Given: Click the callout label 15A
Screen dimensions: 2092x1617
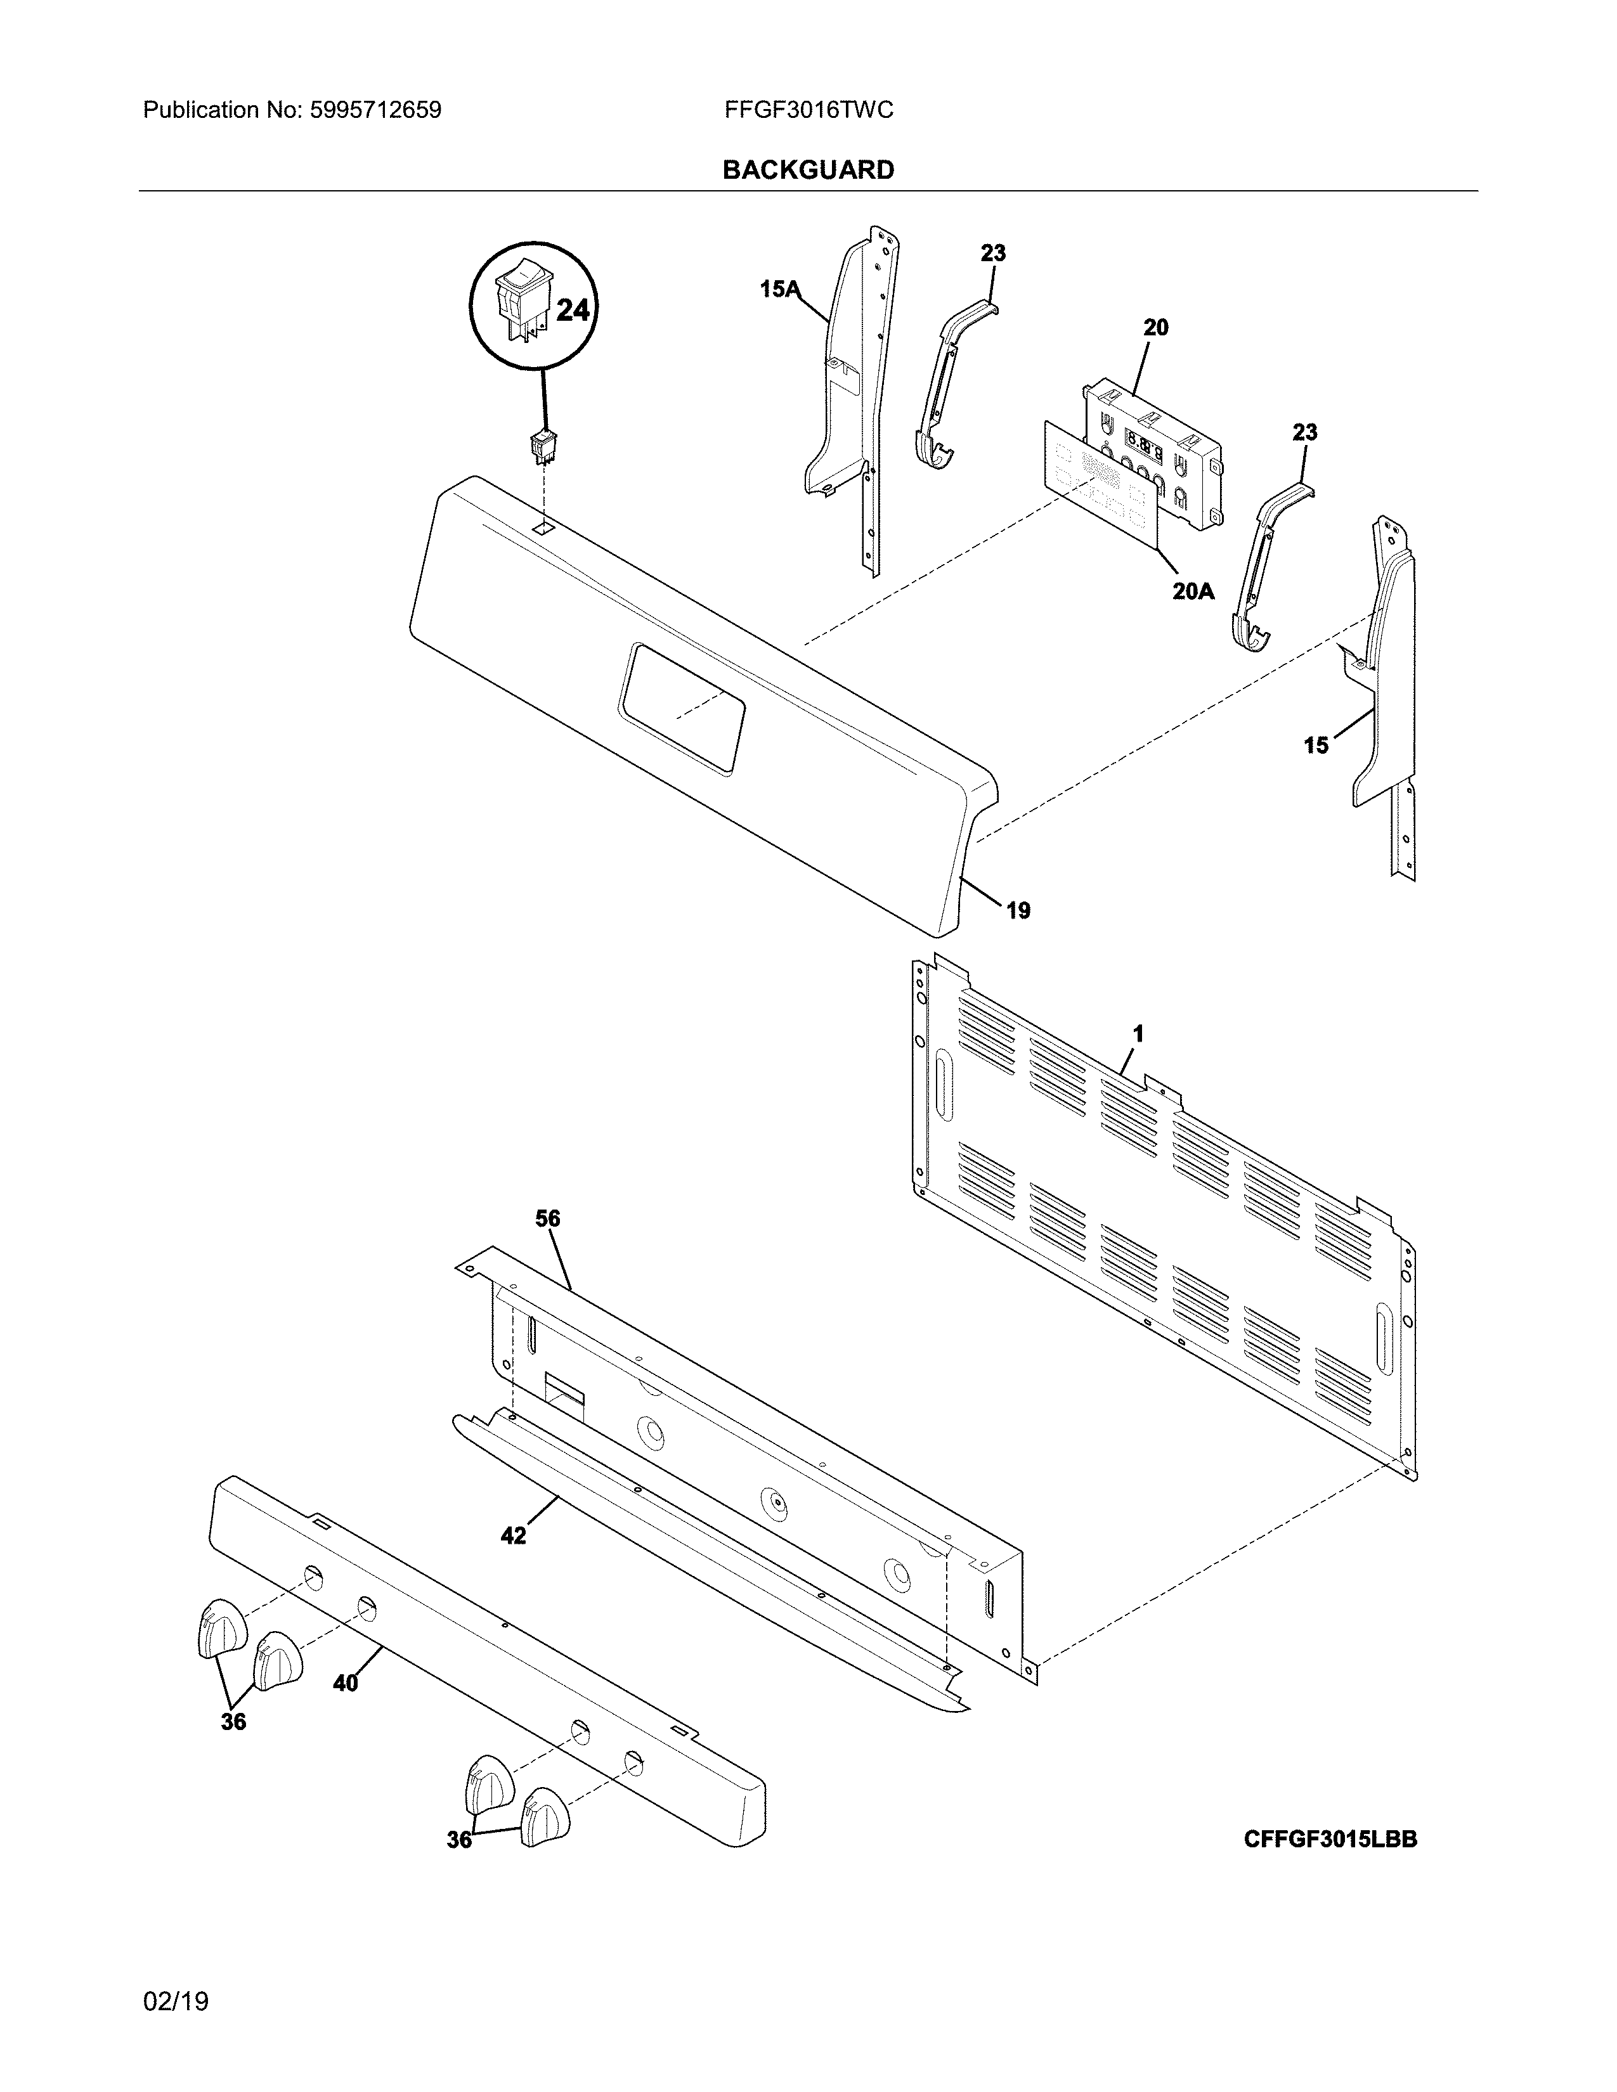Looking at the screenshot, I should point(779,288).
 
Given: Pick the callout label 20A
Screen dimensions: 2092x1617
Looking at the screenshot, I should point(1193,591).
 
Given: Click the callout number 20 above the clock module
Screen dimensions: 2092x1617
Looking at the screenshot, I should point(1155,328).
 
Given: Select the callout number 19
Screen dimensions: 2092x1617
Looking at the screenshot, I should point(1018,910).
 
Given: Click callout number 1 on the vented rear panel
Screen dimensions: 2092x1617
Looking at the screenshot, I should point(1138,1033).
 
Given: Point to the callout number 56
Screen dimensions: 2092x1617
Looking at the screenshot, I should point(548,1218).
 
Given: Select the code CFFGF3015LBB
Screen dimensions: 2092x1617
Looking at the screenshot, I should point(1330,1839).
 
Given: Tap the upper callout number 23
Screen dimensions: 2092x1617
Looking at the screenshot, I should point(994,253).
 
